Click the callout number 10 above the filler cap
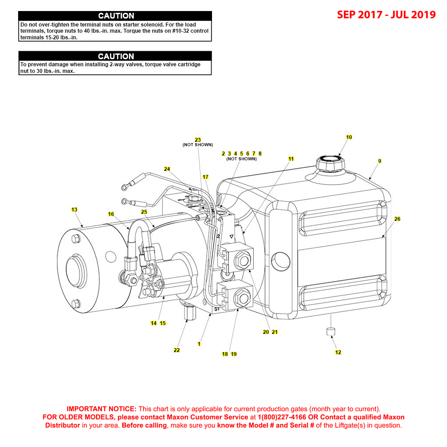(x=349, y=137)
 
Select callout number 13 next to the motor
(x=74, y=209)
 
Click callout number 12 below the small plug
(x=338, y=352)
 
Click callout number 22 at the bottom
(x=177, y=350)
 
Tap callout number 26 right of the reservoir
(x=397, y=219)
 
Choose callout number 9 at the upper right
(x=379, y=161)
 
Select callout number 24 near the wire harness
(x=167, y=169)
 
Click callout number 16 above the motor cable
(x=111, y=214)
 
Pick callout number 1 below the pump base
(x=199, y=344)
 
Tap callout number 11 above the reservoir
(x=291, y=159)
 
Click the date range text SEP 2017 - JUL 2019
(x=386, y=15)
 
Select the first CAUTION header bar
(x=115, y=16)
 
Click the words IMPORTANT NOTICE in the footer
(x=101, y=409)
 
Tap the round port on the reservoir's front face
(x=280, y=261)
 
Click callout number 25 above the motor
(x=144, y=212)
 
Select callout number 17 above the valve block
(x=205, y=177)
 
